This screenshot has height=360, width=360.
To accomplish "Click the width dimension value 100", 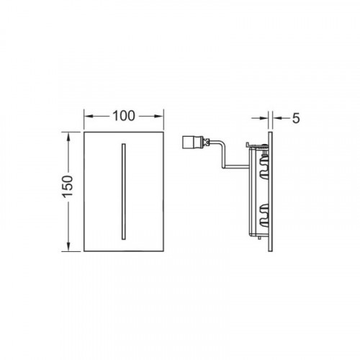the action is click(x=124, y=116).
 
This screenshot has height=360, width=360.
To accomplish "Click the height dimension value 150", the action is click(x=68, y=186).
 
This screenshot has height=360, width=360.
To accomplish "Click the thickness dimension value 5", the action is click(x=296, y=118).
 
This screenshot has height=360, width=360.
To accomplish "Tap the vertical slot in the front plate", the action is click(x=124, y=192).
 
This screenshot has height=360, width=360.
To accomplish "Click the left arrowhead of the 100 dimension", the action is click(x=89, y=116).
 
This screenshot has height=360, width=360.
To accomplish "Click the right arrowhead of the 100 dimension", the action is click(x=159, y=116).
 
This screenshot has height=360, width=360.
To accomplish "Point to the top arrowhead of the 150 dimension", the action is click(x=68, y=137).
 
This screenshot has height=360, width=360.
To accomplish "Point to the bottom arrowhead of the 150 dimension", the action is click(x=68, y=246).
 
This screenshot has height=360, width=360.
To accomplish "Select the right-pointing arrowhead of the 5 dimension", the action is click(x=264, y=118).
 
